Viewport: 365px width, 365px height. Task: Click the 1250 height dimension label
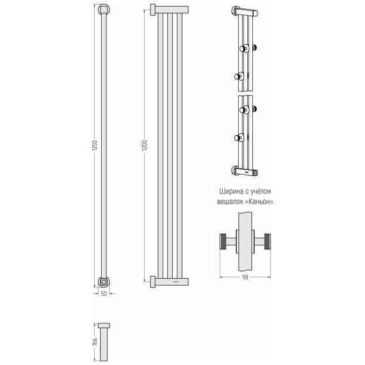(95, 145)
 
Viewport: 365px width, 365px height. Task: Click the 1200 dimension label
(145, 145)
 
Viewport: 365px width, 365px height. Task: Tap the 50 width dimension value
(104, 294)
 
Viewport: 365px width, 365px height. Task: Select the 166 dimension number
(95, 341)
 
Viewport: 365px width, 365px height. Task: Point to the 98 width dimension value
(245, 277)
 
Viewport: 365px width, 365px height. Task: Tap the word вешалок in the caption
(231, 202)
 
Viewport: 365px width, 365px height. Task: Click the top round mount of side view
(104, 10)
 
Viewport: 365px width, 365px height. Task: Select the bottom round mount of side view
(104, 282)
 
